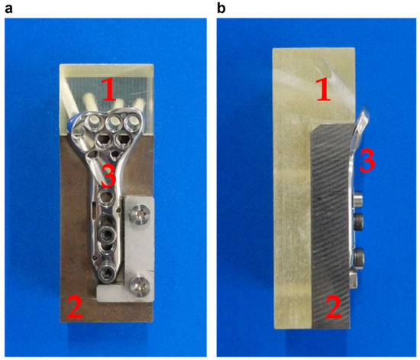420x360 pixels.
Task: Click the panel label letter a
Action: point(8,9)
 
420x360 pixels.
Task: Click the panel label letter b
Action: point(221,8)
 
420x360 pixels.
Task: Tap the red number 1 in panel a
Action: point(109,89)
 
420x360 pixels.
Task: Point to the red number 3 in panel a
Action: point(108,176)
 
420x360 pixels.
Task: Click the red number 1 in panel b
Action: point(324,89)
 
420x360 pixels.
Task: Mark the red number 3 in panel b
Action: point(367,161)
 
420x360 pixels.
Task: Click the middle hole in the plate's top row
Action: point(113,122)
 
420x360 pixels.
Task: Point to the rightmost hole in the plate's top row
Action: point(132,122)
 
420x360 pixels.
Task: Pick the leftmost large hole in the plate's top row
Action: point(93,123)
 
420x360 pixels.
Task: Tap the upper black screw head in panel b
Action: point(359,221)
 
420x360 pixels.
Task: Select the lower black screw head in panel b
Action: point(359,257)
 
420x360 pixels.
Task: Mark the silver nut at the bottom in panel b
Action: point(354,280)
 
